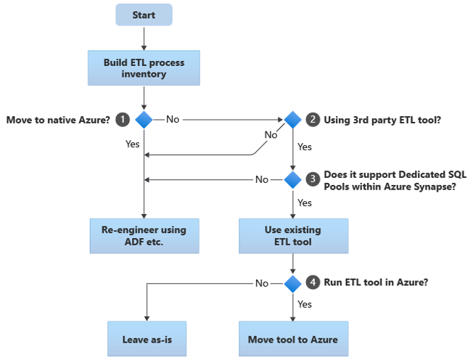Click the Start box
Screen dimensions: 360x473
(x=144, y=15)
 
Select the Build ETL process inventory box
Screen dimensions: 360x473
(x=144, y=68)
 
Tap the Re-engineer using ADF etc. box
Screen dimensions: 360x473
(x=144, y=235)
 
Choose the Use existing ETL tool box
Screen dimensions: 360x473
(x=292, y=235)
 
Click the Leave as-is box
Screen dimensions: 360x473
(x=147, y=339)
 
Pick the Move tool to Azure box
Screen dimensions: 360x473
(x=293, y=339)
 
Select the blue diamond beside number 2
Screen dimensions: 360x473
(x=292, y=118)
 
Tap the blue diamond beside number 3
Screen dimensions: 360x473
(x=292, y=179)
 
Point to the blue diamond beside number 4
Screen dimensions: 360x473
(x=292, y=283)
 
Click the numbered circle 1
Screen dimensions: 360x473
(x=123, y=118)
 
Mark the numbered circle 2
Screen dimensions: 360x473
(x=313, y=118)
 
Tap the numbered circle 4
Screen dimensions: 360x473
(x=313, y=282)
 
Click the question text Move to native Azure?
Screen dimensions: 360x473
(x=58, y=118)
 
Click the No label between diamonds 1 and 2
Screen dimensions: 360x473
(x=173, y=118)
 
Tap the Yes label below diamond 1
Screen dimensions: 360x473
(x=132, y=144)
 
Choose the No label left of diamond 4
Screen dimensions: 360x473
(x=261, y=283)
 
